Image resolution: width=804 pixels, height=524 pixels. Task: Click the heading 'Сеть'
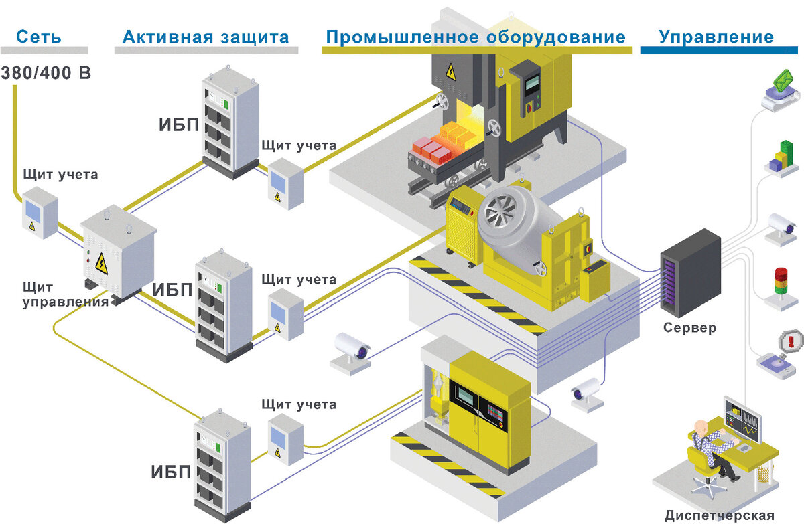coord(39,36)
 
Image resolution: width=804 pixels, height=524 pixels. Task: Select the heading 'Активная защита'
coord(206,36)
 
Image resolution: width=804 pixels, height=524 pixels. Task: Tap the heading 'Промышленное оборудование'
coord(476,36)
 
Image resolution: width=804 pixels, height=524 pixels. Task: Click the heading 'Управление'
coord(716,36)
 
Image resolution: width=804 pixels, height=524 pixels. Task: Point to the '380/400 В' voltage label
coord(46,72)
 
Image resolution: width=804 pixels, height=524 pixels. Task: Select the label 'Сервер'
coord(689,328)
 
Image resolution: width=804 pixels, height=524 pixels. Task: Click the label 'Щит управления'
coord(65,295)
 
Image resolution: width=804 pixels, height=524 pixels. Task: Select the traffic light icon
coord(781,284)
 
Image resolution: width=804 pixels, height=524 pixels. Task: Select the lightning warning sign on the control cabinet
coord(101,263)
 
